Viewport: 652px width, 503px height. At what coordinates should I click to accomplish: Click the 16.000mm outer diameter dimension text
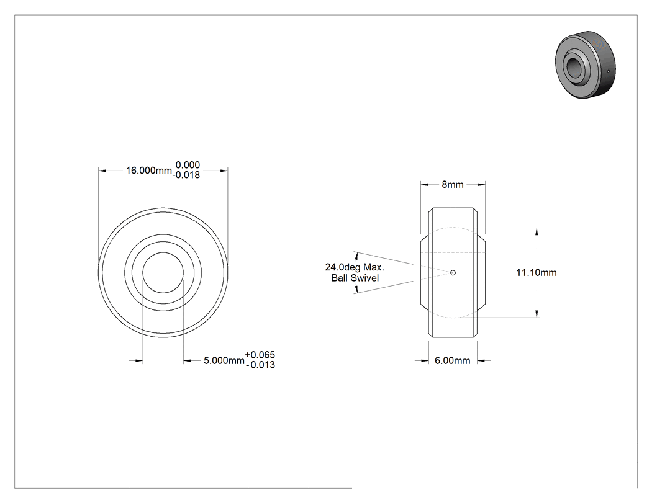pyautogui.click(x=149, y=171)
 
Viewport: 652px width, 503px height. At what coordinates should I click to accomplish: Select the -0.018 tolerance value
pyautogui.click(x=186, y=176)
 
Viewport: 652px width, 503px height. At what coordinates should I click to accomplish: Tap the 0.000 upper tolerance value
pyautogui.click(x=188, y=165)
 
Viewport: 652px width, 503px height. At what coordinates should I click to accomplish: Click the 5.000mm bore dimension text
pyautogui.click(x=224, y=360)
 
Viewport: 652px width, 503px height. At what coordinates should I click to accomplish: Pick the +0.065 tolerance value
pyautogui.click(x=260, y=355)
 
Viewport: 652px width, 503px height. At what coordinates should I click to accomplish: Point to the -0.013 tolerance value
pyautogui.click(x=260, y=365)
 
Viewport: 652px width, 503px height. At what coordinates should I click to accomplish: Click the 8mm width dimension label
pyautogui.click(x=453, y=185)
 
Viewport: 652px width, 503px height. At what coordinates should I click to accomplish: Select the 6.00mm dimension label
pyautogui.click(x=453, y=360)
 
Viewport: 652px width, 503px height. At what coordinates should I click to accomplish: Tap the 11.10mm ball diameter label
pyautogui.click(x=537, y=272)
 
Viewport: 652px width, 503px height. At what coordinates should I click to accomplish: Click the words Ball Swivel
pyautogui.click(x=355, y=278)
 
